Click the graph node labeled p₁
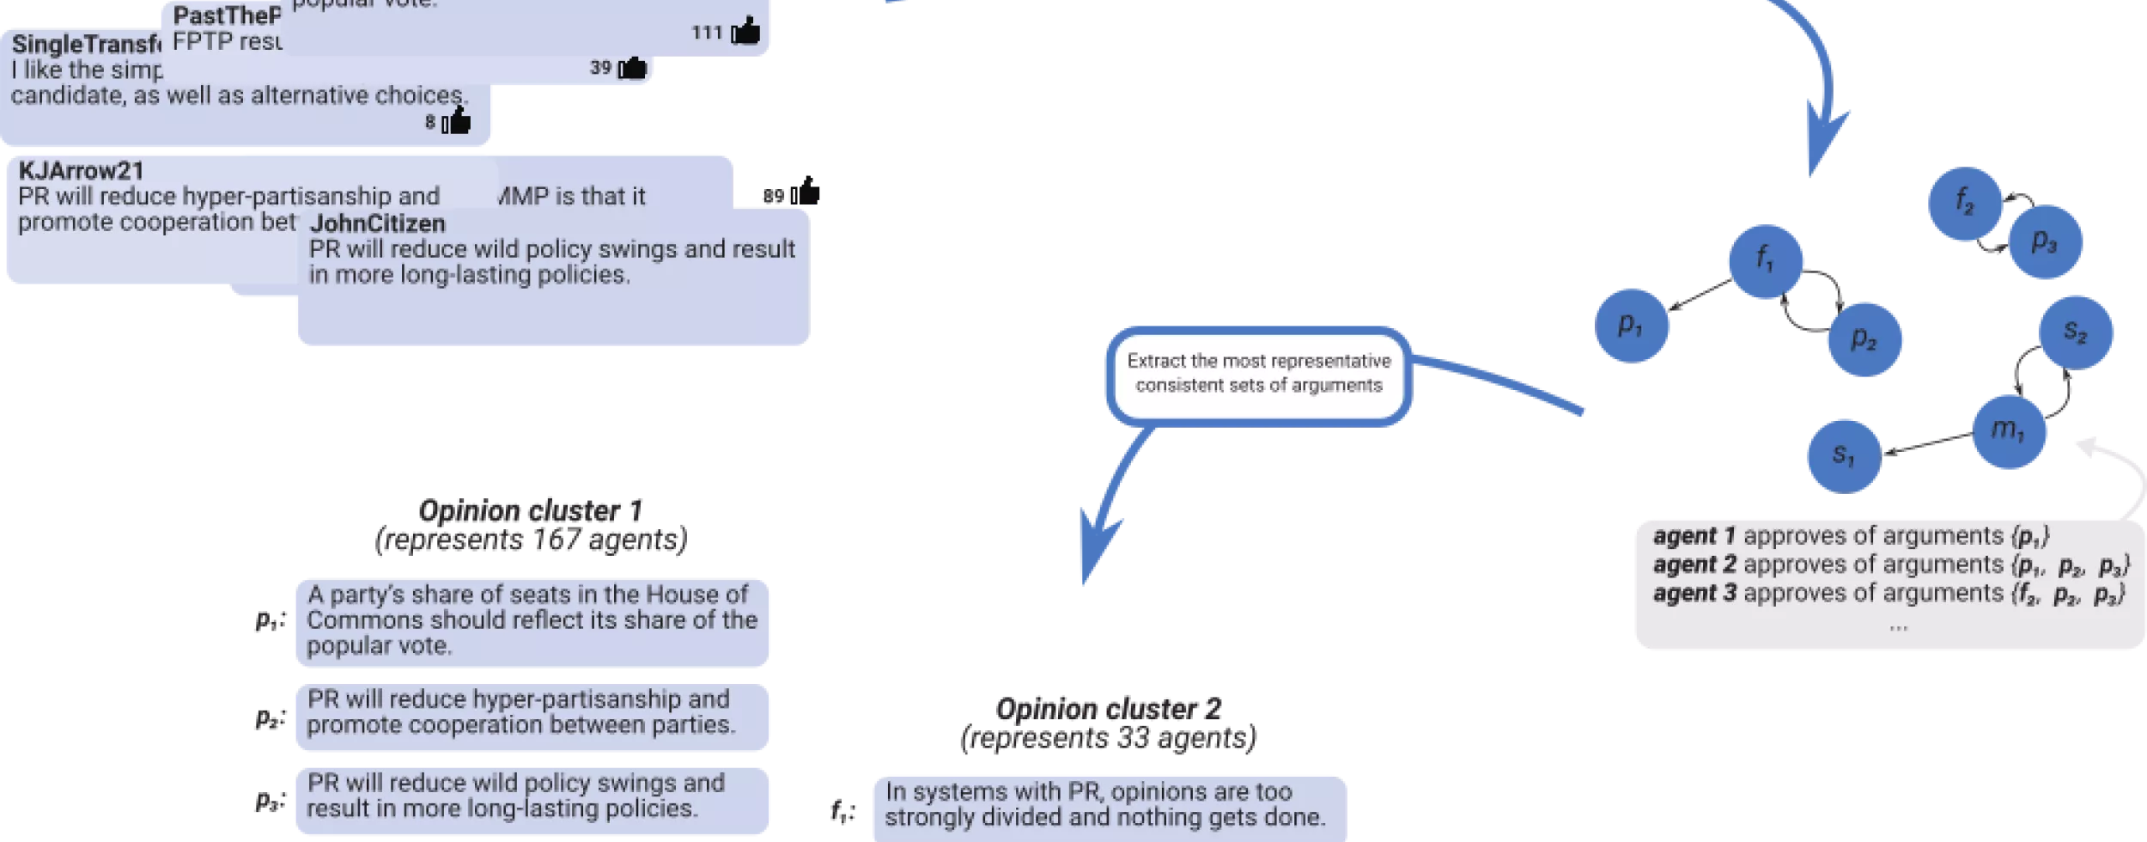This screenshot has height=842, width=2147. coord(1631,325)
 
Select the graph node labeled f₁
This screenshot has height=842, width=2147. coord(1765,260)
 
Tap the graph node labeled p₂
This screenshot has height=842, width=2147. coord(1864,339)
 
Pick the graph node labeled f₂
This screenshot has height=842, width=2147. coord(1965,203)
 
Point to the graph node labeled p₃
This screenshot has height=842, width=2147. coord(2045,242)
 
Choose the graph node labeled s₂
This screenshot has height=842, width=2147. coord(2076,332)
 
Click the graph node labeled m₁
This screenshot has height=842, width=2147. coord(2009,430)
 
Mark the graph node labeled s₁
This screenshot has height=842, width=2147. coord(1843,455)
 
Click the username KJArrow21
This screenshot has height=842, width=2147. coord(81,171)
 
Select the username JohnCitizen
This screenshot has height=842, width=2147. coord(377,224)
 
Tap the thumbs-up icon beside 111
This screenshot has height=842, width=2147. coord(745,32)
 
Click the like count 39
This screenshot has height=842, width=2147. coord(600,68)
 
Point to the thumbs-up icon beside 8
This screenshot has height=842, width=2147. coord(457,122)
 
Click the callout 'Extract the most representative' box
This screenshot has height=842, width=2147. coord(1258,375)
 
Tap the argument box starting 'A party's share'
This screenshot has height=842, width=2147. coord(533,621)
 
